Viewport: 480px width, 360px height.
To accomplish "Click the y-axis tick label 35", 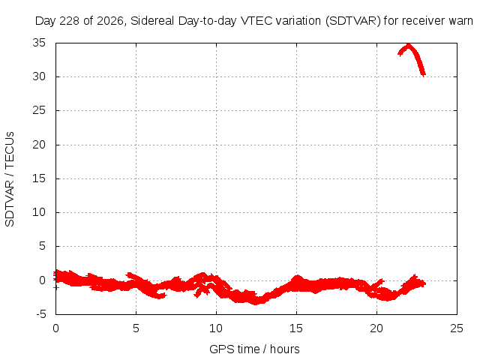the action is point(39,43).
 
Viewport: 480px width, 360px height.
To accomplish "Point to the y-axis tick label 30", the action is point(39,76).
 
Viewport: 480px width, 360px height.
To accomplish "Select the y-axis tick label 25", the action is point(39,110).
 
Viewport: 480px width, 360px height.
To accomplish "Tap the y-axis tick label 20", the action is point(39,145).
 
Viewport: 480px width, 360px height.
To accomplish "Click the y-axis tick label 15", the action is point(39,178).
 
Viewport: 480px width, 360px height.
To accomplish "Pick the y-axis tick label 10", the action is point(39,212).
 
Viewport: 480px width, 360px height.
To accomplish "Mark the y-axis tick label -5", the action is point(41,314).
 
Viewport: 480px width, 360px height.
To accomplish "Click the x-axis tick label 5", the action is point(136,328).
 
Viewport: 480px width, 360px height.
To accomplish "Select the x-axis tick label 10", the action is point(216,328).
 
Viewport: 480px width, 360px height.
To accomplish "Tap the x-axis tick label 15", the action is point(296,328).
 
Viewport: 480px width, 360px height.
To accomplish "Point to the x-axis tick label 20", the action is point(376,328).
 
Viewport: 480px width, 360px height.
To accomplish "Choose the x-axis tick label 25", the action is point(457,328).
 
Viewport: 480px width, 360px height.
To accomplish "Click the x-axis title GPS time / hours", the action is point(254,349).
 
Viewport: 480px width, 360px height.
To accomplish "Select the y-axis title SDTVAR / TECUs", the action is point(10,179).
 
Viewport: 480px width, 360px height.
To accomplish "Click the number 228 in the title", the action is point(70,21).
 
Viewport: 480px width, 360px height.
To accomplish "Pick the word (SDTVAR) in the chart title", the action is point(353,21).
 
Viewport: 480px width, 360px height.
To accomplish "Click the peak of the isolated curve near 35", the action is point(408,45).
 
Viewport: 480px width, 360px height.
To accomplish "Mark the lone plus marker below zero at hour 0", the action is point(55,287).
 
